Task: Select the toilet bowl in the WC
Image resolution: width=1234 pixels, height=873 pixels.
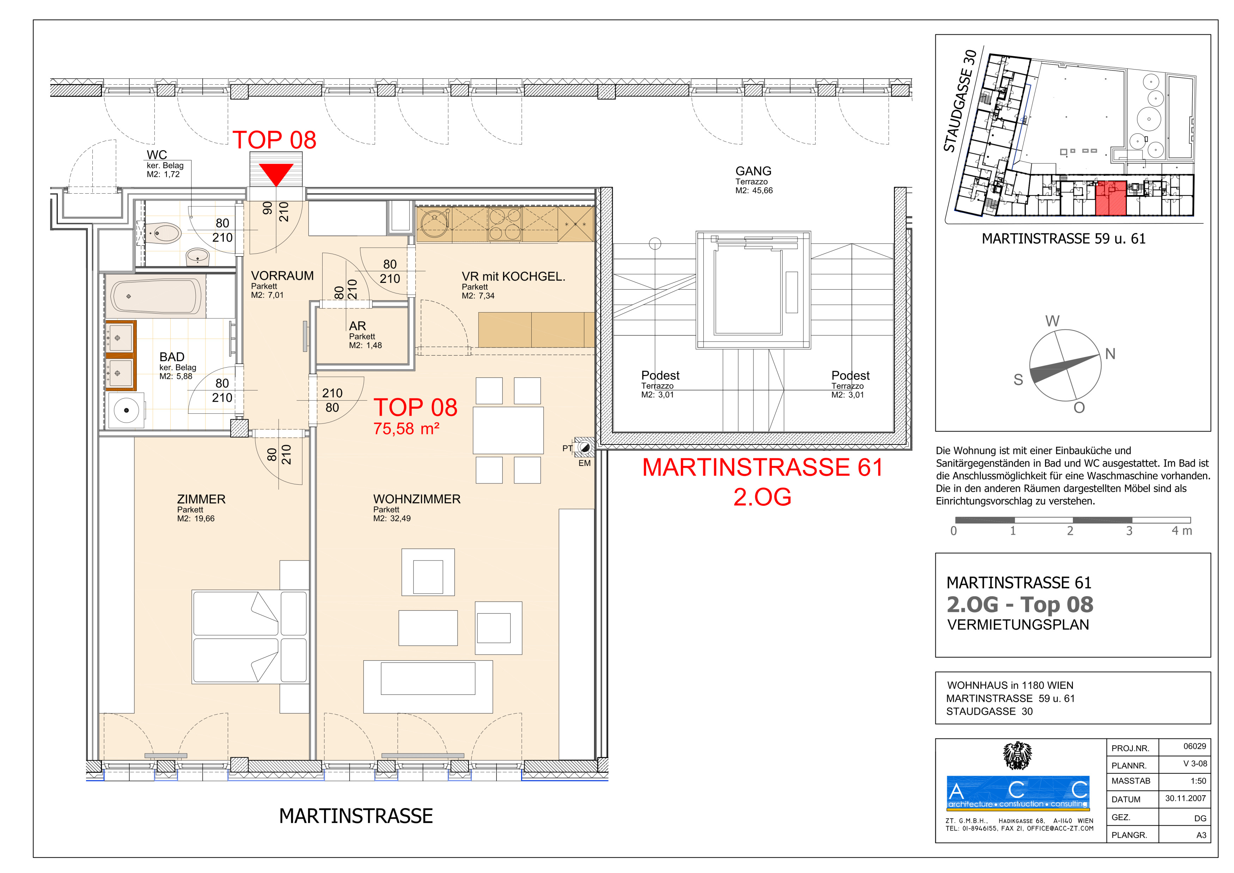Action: tap(163, 233)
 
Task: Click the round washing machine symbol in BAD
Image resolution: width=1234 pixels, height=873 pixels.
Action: tap(126, 411)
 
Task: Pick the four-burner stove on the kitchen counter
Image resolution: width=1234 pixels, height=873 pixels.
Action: tap(505, 224)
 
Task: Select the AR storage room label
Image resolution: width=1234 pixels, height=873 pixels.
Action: tap(358, 326)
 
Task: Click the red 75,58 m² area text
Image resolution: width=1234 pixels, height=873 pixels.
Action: tap(406, 429)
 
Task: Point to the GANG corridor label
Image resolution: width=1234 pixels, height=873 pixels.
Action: tap(753, 171)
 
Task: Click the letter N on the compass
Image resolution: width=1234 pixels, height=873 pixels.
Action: tap(1110, 354)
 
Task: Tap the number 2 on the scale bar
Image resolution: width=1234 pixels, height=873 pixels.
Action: tap(1070, 531)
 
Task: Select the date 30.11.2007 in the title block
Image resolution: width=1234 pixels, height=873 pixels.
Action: tap(1186, 798)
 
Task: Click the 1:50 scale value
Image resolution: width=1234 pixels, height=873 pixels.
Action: tap(1198, 781)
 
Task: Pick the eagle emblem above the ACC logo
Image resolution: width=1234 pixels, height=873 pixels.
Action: tap(1018, 756)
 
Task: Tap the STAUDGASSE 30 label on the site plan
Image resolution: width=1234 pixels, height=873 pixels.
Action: tap(960, 101)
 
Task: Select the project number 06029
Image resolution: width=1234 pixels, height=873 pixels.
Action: tap(1195, 746)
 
